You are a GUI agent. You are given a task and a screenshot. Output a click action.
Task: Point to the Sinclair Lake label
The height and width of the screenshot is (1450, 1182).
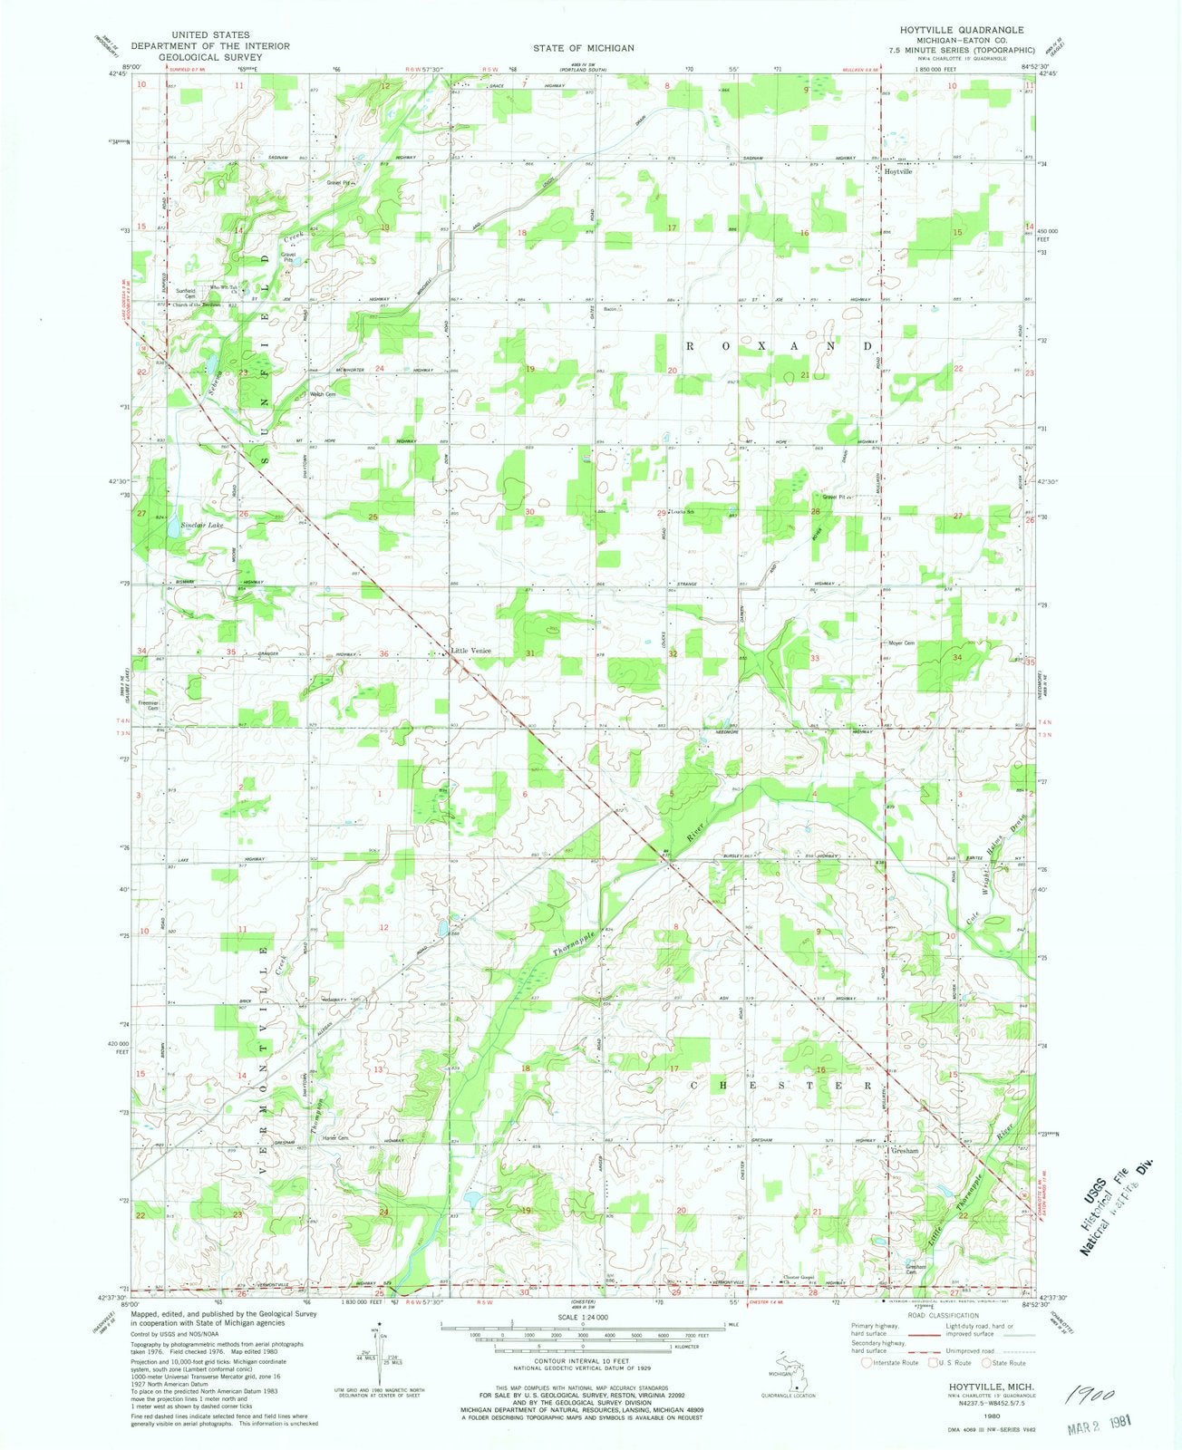201,525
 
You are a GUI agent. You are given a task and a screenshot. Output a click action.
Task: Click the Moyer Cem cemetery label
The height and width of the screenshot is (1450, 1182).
899,643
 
